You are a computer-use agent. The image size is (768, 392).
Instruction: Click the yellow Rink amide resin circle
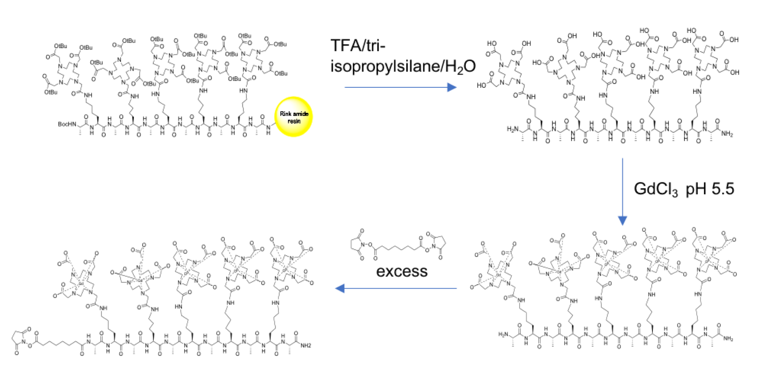pyautogui.click(x=294, y=117)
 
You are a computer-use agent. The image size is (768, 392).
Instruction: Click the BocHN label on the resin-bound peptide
pyautogui.click(x=67, y=124)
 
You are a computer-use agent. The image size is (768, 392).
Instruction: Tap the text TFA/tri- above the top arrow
pyautogui.click(x=358, y=45)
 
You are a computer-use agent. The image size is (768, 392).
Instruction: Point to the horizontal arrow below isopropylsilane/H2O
pyautogui.click(x=400, y=87)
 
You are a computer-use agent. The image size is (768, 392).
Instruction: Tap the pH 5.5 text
pyautogui.click(x=710, y=189)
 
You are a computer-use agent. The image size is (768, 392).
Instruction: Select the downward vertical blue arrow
pyautogui.click(x=622, y=192)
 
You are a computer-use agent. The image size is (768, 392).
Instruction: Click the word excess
pyautogui.click(x=401, y=271)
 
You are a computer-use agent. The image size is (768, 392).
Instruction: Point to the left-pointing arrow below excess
pyautogui.click(x=396, y=288)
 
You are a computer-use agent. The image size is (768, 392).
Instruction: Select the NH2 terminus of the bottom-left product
pyautogui.click(x=306, y=346)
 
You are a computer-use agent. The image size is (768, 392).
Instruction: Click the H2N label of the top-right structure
pyautogui.click(x=513, y=129)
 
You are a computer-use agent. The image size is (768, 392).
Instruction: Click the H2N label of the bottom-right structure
pyautogui.click(x=504, y=334)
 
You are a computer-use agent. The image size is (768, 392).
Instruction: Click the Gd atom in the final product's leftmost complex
pyautogui.click(x=81, y=283)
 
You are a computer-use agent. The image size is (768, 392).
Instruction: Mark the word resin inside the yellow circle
pyautogui.click(x=294, y=121)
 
